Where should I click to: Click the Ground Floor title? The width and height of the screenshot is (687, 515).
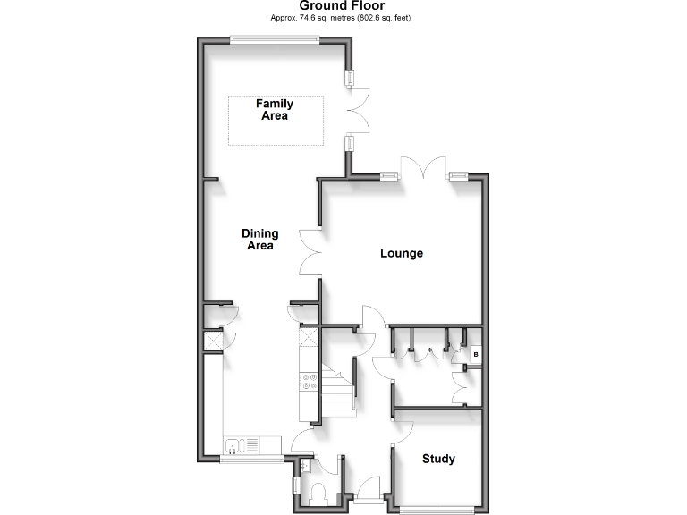(343, 6)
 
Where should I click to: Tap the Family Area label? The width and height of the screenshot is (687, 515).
(275, 110)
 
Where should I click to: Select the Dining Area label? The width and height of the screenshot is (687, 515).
(259, 240)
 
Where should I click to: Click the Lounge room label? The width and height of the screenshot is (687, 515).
(402, 253)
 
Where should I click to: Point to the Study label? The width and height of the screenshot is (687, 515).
(438, 459)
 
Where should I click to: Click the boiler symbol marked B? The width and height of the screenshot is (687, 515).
(476, 355)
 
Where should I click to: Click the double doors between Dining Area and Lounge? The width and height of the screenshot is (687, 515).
(310, 250)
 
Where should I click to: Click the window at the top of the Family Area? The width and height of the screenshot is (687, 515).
(274, 38)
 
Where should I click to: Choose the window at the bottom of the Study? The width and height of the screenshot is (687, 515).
(438, 510)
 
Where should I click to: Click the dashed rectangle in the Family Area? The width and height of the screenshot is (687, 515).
(275, 119)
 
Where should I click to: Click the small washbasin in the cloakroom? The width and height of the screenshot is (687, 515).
(305, 465)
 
